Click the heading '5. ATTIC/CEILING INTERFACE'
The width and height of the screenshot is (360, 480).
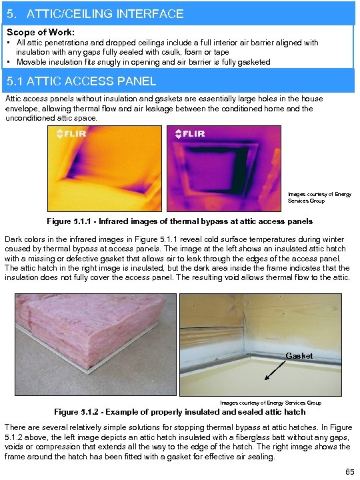pyautogui.click(x=94, y=13)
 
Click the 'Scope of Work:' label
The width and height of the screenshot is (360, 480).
pyautogui.click(x=40, y=31)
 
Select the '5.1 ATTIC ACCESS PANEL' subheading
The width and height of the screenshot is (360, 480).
pyautogui.click(x=81, y=81)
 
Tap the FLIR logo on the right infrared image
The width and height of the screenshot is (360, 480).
pyautogui.click(x=190, y=134)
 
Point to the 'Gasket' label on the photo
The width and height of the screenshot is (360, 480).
pyautogui.click(x=299, y=355)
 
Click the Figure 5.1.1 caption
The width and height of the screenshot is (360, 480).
pyautogui.click(x=179, y=221)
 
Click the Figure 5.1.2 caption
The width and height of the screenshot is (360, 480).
pyautogui.click(x=179, y=412)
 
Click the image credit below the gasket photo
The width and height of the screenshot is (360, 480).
pyautogui.click(x=271, y=403)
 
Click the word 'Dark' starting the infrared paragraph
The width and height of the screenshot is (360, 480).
pyautogui.click(x=15, y=239)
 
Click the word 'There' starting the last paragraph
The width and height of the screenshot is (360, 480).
pyautogui.click(x=17, y=425)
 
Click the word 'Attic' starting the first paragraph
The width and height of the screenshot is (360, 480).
pyautogui.click(x=13, y=99)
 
